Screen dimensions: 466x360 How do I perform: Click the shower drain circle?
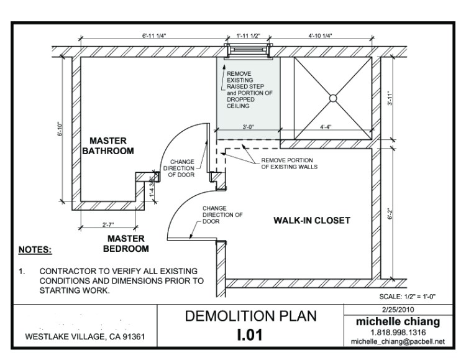pyautogui.click(x=333, y=98)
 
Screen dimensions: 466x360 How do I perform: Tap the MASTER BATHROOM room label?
pyautogui.click(x=108, y=145)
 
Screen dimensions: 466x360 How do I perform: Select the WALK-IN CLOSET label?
pyautogui.click(x=312, y=221)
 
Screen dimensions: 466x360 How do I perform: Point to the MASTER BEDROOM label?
pyautogui.click(x=126, y=244)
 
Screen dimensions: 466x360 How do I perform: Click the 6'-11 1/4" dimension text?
pyautogui.click(x=154, y=35)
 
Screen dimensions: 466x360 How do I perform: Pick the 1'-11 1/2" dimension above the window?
pyautogui.click(x=248, y=35)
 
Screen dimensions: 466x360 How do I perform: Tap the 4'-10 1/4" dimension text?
pyautogui.click(x=320, y=35)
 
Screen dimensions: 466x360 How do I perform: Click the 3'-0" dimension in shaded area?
pyautogui.click(x=248, y=127)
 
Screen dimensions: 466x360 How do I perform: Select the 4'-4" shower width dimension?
pyautogui.click(x=326, y=127)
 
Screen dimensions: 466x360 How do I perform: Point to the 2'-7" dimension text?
pyautogui.click(x=108, y=224)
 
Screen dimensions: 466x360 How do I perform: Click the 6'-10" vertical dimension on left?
pyautogui.click(x=60, y=129)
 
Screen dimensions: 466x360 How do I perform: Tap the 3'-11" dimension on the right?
pyautogui.click(x=390, y=98)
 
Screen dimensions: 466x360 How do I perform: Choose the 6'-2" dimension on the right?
pyautogui.click(x=390, y=214)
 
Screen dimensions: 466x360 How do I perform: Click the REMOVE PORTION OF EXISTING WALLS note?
pyautogui.click(x=289, y=164)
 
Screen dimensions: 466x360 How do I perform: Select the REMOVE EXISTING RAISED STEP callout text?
pyautogui.click(x=249, y=90)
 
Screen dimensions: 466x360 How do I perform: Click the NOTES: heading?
pyautogui.click(x=35, y=249)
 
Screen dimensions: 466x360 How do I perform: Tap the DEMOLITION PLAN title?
pyautogui.click(x=251, y=316)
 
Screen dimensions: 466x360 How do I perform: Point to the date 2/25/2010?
pyautogui.click(x=398, y=310)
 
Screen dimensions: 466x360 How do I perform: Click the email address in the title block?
pyautogui.click(x=398, y=341)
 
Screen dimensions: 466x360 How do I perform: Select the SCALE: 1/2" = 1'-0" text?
pyautogui.click(x=407, y=297)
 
